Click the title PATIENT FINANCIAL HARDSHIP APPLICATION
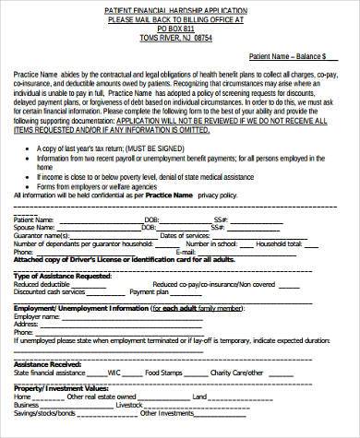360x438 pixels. pos(180,7)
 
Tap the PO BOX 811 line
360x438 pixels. pos(180,28)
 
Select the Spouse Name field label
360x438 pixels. pos(33,228)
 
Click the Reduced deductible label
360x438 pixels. pos(42,284)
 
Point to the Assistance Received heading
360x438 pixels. pos(47,363)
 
